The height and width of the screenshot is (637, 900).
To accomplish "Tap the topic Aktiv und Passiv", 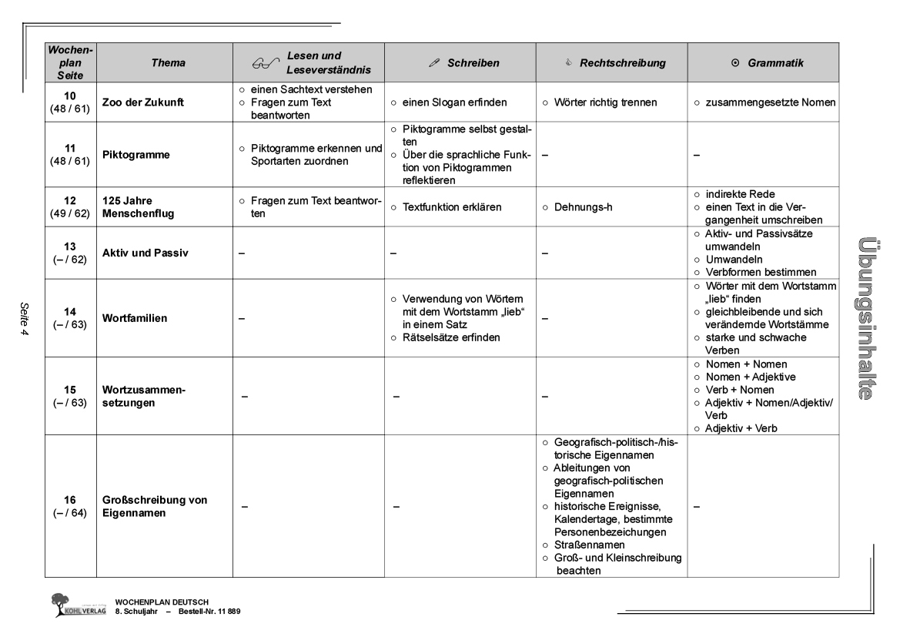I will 146,253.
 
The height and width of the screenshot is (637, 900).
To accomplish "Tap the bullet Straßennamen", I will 588,545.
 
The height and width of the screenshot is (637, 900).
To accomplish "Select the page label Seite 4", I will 23,317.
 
